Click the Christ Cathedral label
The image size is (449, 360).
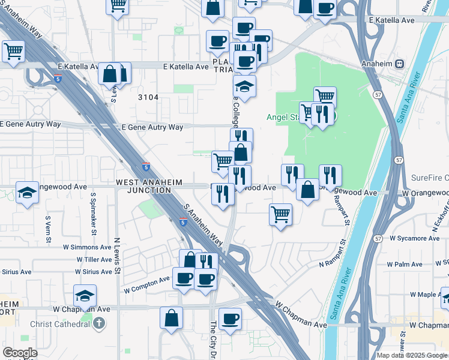click(x=61, y=324)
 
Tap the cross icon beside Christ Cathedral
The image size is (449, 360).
click(x=98, y=324)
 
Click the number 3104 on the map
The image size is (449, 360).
click(x=148, y=97)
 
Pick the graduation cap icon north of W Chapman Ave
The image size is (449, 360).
click(x=85, y=295)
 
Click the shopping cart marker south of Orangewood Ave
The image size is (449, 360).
click(x=280, y=214)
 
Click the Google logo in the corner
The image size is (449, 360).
click(x=20, y=353)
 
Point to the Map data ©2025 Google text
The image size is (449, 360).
click(x=412, y=355)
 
